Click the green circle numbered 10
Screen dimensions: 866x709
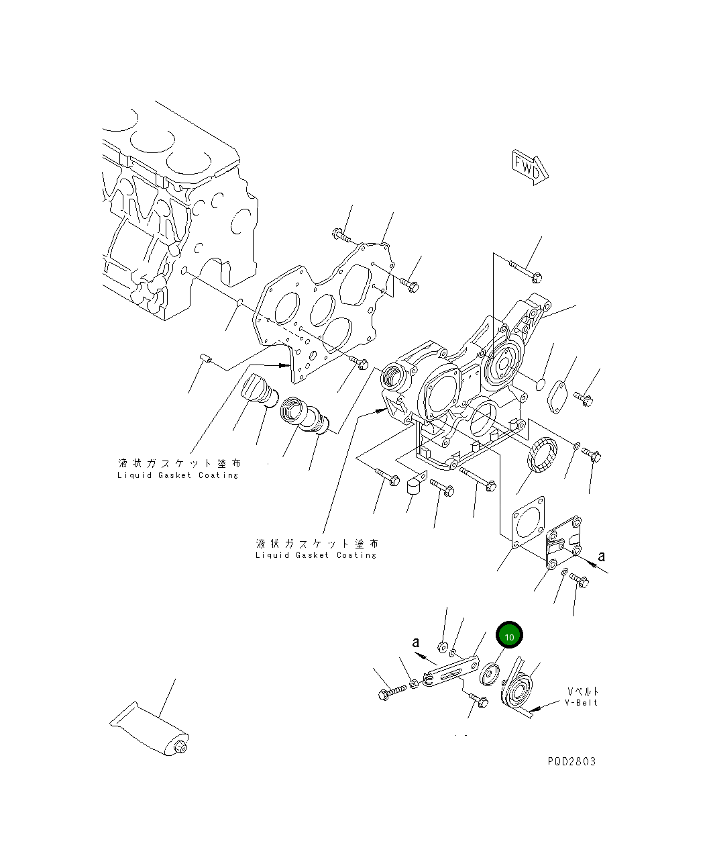[508, 635]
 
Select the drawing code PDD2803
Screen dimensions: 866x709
[571, 761]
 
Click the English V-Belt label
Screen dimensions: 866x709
[581, 703]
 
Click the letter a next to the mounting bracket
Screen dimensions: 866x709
[601, 556]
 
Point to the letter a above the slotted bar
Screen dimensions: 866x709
[417, 642]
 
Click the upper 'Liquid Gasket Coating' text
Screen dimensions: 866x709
[178, 469]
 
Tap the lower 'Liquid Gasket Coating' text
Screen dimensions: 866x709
[316, 549]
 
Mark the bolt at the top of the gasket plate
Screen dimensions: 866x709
[340, 235]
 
